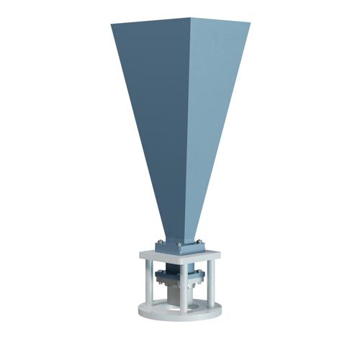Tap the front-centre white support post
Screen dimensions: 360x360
pyautogui.click(x=184, y=288)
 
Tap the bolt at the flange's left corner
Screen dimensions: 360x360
pyautogui.click(x=159, y=241)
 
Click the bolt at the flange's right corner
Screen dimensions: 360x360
pyautogui.click(x=199, y=242)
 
